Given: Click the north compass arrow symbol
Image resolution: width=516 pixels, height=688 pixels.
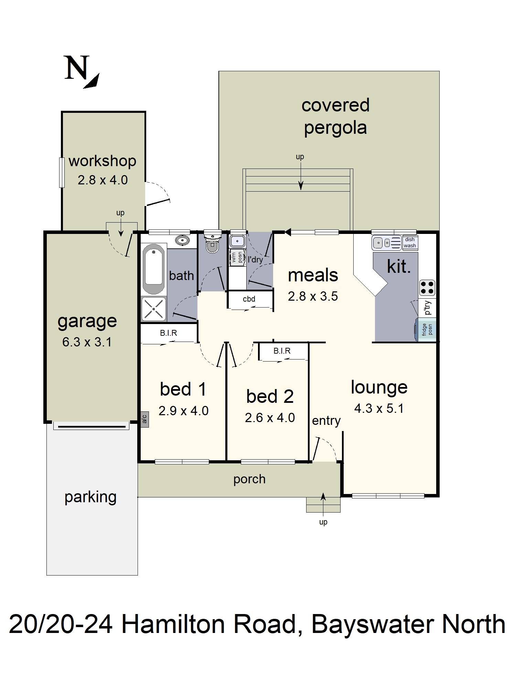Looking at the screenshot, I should pyautogui.click(x=92, y=81).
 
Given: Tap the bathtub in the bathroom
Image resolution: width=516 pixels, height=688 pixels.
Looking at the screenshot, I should pyautogui.click(x=154, y=269).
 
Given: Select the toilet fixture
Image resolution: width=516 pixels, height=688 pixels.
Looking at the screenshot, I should pyautogui.click(x=212, y=243).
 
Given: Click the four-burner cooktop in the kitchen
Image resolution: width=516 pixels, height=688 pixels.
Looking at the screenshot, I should pyautogui.click(x=427, y=288).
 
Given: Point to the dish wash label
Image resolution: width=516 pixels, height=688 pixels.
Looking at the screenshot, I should pyautogui.click(x=410, y=243).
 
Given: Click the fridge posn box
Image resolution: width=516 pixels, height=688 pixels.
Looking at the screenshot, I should pyautogui.click(x=426, y=330).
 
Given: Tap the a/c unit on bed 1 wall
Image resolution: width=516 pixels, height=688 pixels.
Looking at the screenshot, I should pyautogui.click(x=144, y=419).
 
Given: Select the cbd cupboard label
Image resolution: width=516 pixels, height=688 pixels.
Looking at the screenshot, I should pyautogui.click(x=249, y=299).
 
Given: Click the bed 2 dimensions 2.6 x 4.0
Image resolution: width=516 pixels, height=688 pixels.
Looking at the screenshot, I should pyautogui.click(x=270, y=418).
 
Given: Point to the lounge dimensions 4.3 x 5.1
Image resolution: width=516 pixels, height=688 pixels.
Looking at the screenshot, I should pyautogui.click(x=379, y=408).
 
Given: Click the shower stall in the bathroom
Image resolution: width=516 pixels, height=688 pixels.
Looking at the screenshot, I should pyautogui.click(x=153, y=309).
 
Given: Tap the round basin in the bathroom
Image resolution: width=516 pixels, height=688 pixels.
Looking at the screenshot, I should pyautogui.click(x=182, y=240).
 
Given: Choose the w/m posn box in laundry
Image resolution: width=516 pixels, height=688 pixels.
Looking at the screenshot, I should pyautogui.click(x=237, y=258).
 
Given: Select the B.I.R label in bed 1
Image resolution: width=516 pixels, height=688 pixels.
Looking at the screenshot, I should pyautogui.click(x=169, y=333).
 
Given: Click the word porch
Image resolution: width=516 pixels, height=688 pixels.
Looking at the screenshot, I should pyautogui.click(x=249, y=479).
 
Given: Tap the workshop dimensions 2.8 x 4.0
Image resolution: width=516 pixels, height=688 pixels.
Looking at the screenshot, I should pyautogui.click(x=103, y=180).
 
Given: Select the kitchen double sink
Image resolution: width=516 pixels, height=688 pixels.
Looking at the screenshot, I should pyautogui.click(x=387, y=243).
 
